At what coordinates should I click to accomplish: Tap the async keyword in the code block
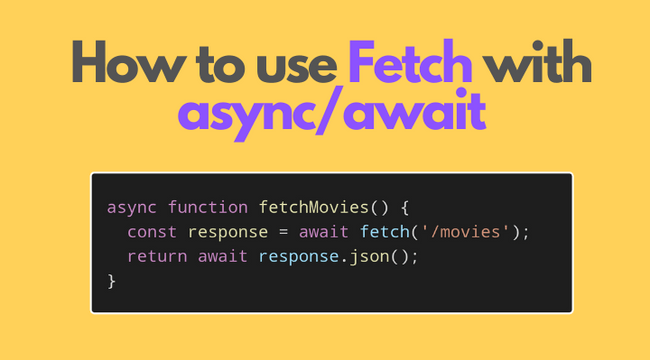[132, 208]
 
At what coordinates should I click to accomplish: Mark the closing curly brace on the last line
[112, 280]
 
